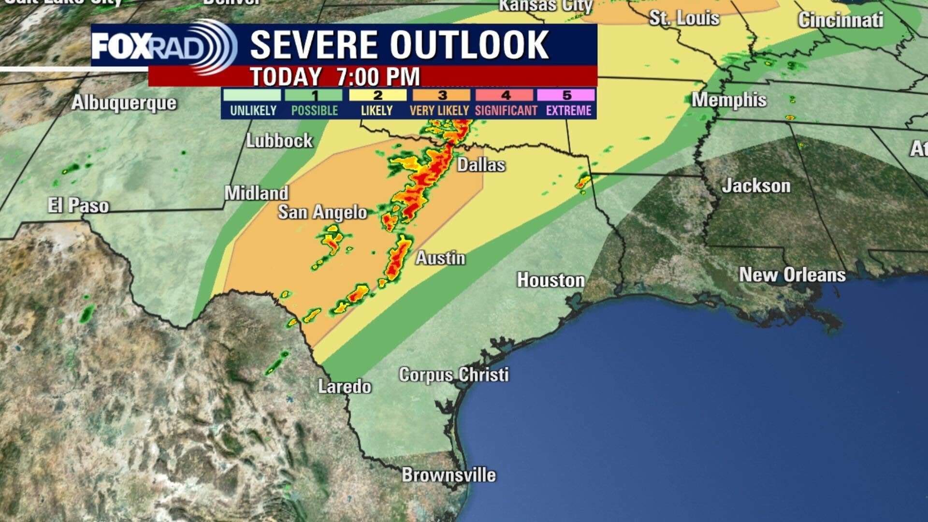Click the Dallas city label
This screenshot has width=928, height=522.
(x=481, y=165)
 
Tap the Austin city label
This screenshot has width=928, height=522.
(x=440, y=258)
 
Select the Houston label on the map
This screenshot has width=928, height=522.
(x=551, y=280)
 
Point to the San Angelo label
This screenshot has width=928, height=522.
(x=322, y=212)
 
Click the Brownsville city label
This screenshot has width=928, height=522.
(x=449, y=475)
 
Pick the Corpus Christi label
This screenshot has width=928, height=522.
(x=453, y=375)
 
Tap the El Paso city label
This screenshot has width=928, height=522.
(x=78, y=206)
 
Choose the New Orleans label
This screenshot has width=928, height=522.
(x=792, y=275)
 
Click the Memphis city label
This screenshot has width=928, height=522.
(x=728, y=100)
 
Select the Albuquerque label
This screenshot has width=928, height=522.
(x=124, y=103)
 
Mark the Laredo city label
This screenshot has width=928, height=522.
(x=344, y=387)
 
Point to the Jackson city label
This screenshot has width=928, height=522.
(x=756, y=186)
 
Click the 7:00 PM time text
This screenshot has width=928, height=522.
(x=378, y=77)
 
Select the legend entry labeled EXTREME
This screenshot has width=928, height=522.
(x=568, y=111)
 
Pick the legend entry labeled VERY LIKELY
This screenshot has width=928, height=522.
(x=439, y=111)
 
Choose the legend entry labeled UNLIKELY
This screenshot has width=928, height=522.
(x=253, y=111)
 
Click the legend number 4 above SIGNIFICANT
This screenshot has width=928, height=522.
(x=506, y=95)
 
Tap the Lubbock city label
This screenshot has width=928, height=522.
(x=279, y=141)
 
